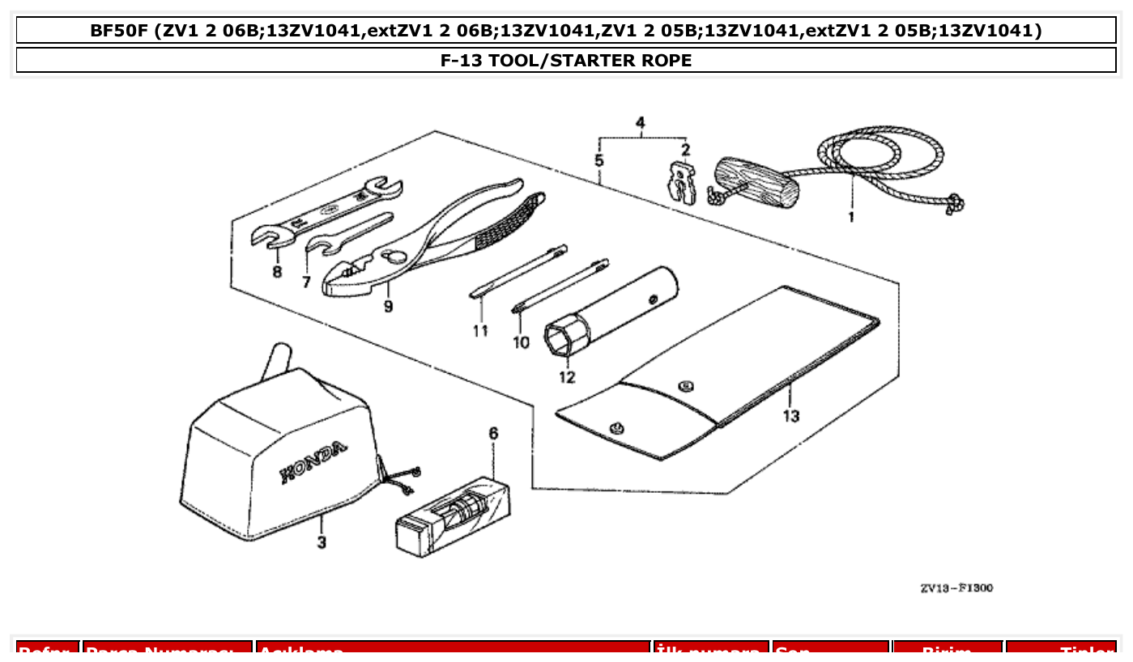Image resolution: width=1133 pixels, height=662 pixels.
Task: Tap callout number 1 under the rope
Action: tap(850, 217)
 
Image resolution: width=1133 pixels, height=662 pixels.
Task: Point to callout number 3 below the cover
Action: tap(322, 542)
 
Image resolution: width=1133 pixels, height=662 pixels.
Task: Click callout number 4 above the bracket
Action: tap(641, 123)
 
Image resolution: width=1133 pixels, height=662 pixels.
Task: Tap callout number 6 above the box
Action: tap(493, 434)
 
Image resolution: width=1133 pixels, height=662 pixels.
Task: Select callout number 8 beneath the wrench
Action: tap(277, 272)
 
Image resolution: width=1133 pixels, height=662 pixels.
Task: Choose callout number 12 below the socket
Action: tap(566, 376)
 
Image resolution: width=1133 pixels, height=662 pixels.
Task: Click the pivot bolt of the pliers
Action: tap(397, 257)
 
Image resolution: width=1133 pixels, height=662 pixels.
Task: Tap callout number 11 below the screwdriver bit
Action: tap(481, 330)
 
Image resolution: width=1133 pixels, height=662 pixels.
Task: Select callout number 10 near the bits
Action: tap(521, 342)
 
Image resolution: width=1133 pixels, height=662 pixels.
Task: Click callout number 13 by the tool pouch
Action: tap(791, 415)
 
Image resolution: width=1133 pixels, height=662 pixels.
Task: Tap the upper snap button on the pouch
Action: tap(687, 385)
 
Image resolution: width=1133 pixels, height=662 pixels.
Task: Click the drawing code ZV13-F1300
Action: tap(956, 588)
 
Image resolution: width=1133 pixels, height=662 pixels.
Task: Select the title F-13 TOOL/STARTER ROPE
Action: tap(566, 61)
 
